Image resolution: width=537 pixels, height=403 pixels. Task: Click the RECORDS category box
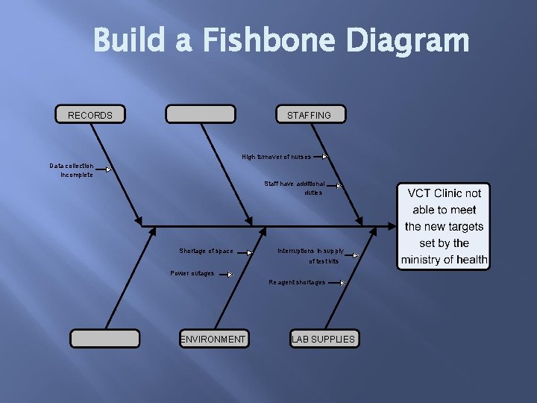click(90, 114)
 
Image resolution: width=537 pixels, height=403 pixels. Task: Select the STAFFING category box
click(309, 114)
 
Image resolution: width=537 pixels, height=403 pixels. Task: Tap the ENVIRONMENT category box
click(213, 339)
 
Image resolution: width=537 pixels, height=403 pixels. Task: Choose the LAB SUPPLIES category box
click(324, 339)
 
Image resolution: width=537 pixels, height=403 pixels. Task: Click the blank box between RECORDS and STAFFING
click(200, 114)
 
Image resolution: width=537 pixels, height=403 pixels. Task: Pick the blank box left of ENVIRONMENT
click(104, 339)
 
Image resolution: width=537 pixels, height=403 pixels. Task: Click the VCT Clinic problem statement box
click(444, 226)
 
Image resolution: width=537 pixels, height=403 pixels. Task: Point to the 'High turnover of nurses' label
click(276, 157)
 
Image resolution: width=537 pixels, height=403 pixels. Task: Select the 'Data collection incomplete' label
click(72, 170)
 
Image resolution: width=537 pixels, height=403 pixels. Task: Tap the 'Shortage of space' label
click(206, 251)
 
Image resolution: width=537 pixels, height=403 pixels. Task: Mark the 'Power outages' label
click(192, 273)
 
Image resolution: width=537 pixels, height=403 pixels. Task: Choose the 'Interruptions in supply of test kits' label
click(311, 256)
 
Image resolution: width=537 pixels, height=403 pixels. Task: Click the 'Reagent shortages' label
click(297, 283)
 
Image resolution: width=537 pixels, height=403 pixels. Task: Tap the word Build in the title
click(131, 41)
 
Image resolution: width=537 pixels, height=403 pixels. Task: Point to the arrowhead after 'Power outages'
click(230, 274)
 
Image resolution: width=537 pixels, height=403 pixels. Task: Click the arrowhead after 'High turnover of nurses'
click(324, 157)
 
